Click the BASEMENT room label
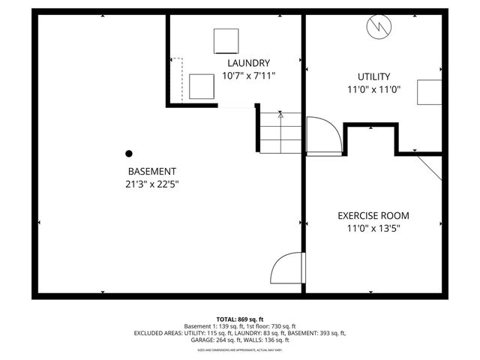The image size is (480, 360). point(152,171)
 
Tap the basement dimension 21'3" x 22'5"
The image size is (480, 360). point(152,184)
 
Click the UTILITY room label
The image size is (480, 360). point(373,76)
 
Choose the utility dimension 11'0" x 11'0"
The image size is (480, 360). point(373,88)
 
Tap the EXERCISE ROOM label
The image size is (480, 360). point(373,216)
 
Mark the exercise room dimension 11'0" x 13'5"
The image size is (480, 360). point(373,229)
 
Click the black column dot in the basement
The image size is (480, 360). point(129,153)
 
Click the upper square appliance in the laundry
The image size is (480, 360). point(226,40)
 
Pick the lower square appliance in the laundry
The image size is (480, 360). point(201,86)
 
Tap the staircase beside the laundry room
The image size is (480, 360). point(280,132)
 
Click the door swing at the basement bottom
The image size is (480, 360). point(286,268)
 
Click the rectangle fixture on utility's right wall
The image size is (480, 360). point(430,93)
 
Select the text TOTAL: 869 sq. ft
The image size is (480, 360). point(240,319)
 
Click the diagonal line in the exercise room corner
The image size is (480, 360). point(430,167)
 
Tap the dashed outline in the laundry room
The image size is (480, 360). point(178,79)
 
